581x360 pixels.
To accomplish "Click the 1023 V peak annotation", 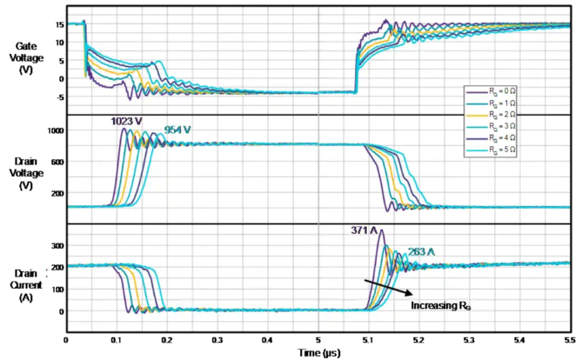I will tap(126, 122).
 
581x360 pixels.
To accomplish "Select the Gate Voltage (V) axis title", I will tap(25, 57).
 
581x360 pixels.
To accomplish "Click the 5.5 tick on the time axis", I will tap(571, 342).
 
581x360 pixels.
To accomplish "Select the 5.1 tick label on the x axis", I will tap(369, 342).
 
